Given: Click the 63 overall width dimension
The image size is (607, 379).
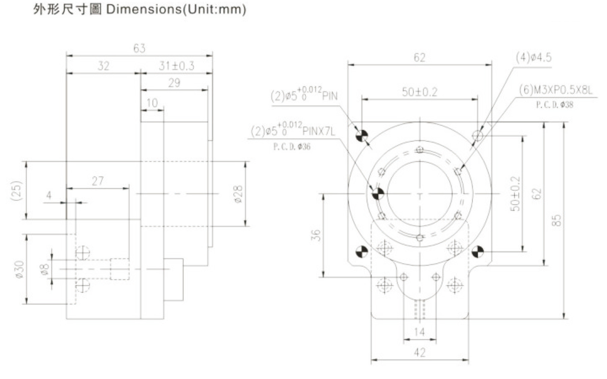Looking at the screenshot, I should pyautogui.click(x=139, y=49).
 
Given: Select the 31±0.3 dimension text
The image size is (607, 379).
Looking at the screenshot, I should pyautogui.click(x=176, y=66).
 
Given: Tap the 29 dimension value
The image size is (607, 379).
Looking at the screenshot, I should pyautogui.click(x=174, y=83).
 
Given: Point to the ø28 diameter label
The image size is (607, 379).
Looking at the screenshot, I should pyautogui.click(x=238, y=194).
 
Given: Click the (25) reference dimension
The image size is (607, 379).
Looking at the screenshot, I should pyautogui.click(x=17, y=191).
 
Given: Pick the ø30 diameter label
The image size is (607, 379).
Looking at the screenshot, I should pyautogui.click(x=20, y=269).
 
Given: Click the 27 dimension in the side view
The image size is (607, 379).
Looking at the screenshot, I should pyautogui.click(x=98, y=182).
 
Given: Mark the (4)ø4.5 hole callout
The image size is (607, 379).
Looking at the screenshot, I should pyautogui.click(x=533, y=58).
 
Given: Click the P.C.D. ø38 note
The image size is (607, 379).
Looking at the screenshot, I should pyautogui.click(x=555, y=105).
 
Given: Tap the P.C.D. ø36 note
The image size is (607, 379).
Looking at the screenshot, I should pyautogui.click(x=292, y=147).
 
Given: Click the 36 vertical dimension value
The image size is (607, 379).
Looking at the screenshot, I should pyautogui.click(x=316, y=235).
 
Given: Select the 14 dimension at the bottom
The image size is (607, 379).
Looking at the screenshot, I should pyautogui.click(x=419, y=332).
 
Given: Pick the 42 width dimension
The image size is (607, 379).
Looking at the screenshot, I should pyautogui.click(x=419, y=353).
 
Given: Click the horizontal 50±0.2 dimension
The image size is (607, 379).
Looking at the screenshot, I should pyautogui.click(x=419, y=92).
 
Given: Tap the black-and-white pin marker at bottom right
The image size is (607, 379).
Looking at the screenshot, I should pyautogui.click(x=478, y=252).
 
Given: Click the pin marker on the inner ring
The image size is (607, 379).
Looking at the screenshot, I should pyautogui.click(x=378, y=194).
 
